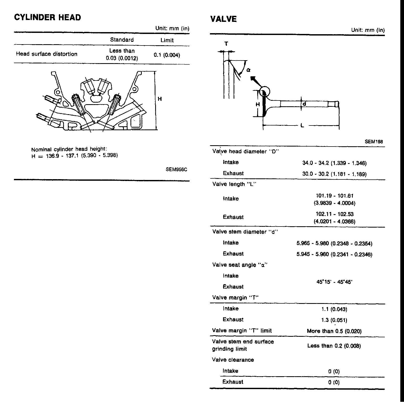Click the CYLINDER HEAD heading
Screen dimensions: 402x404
47,17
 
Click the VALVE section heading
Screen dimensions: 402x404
223,19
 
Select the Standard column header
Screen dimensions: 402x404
122,40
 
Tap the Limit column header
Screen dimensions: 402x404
167,40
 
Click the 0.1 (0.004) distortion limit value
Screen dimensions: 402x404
167,55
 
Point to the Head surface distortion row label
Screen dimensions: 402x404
47,54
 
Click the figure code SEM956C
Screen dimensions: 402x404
176,169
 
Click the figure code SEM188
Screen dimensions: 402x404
373,142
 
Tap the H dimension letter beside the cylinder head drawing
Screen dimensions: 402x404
160,99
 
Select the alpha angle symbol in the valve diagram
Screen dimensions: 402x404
249,70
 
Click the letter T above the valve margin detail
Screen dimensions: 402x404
226,44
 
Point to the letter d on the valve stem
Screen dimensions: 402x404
304,104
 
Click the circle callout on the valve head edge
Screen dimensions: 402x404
265,92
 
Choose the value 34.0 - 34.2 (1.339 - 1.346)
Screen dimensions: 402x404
334,163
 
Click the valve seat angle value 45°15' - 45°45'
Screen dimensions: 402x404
334,282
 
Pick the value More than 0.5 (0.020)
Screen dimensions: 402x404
334,331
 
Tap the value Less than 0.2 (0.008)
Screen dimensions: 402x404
334,346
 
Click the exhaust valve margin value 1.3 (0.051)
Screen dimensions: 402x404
334,320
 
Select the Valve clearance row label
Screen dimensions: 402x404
233,360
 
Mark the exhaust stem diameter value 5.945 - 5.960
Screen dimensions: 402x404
334,254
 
